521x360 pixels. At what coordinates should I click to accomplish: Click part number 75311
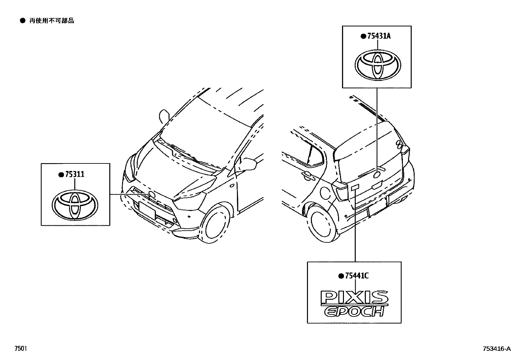pos(75,174)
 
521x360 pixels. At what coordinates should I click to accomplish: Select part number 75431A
pos(379,36)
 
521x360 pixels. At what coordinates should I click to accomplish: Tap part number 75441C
pos(357,276)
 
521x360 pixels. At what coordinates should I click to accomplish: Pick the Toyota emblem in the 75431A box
pos(378,65)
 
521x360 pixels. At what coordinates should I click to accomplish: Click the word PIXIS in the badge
pos(354,297)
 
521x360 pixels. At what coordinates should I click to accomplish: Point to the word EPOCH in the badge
pos(354,311)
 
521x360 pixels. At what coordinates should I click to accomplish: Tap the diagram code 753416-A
pos(496,349)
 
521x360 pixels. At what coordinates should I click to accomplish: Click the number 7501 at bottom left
pos(20,349)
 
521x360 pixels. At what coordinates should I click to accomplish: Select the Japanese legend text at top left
pos(52,21)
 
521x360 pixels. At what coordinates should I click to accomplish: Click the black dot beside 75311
pos(61,175)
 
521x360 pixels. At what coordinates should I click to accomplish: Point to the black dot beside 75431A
pos(363,36)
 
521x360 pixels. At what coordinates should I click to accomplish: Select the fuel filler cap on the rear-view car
pos(326,193)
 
